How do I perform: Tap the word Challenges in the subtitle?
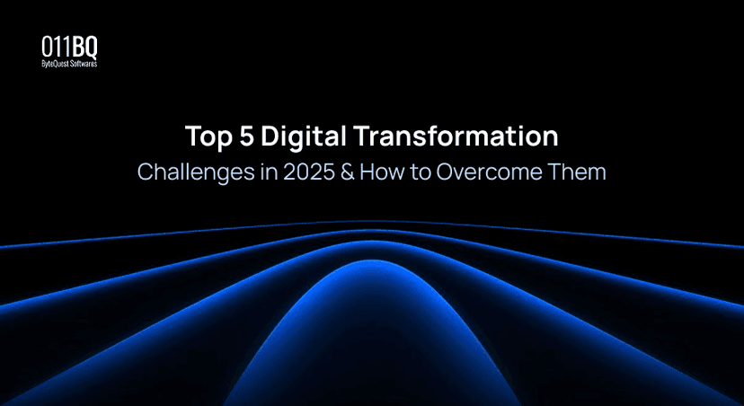(185, 172)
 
